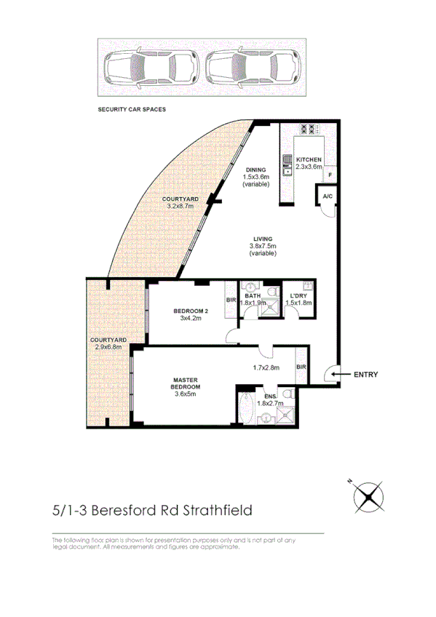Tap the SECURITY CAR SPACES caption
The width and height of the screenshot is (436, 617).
(132, 109)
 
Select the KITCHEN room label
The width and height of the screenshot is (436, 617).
(309, 159)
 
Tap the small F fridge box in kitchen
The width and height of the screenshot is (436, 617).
(330, 175)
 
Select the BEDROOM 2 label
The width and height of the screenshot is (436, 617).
(190, 311)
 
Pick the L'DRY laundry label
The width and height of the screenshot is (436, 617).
(296, 295)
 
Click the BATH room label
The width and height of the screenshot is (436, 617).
(253, 295)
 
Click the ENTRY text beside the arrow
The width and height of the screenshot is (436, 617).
(365, 375)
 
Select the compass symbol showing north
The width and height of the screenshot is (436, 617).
(368, 498)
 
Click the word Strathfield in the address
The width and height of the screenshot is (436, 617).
(218, 510)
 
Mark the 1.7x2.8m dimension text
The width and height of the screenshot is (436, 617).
(266, 368)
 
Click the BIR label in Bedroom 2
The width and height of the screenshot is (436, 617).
(231, 300)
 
